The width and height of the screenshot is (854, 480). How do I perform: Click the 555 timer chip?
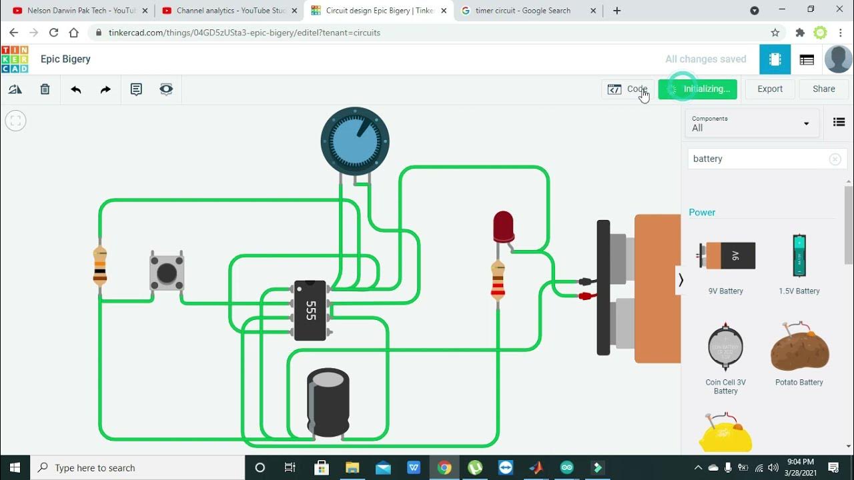point(310,311)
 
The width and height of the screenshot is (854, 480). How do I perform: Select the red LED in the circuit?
point(503,227)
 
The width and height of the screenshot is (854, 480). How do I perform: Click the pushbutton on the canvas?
point(166,272)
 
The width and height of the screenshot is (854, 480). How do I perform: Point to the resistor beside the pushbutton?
point(100,265)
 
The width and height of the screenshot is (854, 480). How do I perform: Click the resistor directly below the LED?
point(498,281)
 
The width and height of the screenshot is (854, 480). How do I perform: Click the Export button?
point(770,89)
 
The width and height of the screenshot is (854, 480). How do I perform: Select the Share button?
point(823,89)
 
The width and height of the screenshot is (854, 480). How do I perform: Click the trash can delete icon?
point(45,89)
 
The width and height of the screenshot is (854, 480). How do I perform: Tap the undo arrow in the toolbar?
point(76,89)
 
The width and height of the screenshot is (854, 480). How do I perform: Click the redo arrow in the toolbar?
point(105,89)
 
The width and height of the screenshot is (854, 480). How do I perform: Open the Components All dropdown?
point(751,123)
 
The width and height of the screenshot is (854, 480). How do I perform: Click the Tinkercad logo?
point(15,59)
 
